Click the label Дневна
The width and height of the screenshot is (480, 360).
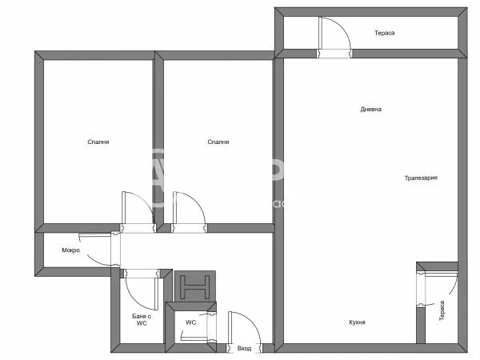coord(370,110)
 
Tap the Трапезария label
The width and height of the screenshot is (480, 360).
coord(420,178)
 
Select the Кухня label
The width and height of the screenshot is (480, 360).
coord(358,322)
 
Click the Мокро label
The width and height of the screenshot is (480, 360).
coord(71,250)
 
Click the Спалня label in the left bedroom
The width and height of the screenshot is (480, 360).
coord(98,142)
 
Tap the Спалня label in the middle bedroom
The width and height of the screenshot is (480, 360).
coord(218,142)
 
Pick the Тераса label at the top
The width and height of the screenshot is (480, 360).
coord(385,34)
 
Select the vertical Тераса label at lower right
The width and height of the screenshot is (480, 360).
coord(441,311)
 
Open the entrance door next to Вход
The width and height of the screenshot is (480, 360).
coord(241,328)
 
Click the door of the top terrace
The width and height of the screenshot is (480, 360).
coord(332,36)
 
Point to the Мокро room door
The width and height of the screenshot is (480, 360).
coord(100,247)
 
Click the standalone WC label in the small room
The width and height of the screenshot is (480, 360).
coord(191,323)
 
